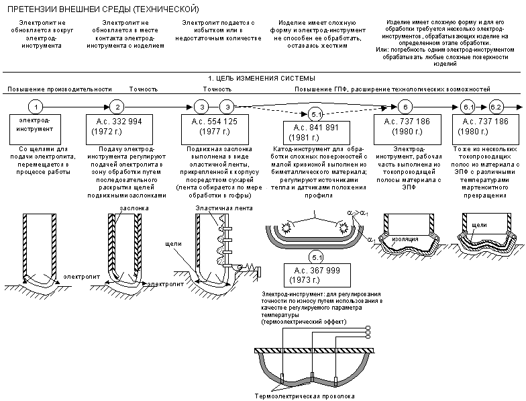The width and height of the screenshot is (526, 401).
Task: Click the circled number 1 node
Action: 36,107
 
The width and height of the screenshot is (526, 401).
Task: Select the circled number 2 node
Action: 117,107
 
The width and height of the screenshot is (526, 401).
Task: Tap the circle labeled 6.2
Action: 495,107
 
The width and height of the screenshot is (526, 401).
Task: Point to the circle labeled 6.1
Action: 467,107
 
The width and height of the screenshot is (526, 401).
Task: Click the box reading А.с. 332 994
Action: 119,129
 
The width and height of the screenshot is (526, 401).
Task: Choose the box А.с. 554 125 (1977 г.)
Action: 215,129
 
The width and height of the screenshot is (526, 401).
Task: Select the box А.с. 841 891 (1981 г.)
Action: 317,133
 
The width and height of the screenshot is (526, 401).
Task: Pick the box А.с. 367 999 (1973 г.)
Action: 317,275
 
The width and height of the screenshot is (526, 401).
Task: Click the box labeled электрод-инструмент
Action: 35,129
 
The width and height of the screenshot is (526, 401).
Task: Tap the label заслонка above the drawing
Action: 134,208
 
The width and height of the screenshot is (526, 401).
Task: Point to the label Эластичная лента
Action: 224,208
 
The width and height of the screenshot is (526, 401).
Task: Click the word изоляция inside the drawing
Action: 405,239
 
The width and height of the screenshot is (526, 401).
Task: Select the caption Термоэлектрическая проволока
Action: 305,396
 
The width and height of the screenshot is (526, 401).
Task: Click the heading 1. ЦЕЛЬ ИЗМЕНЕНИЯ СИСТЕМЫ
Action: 262,79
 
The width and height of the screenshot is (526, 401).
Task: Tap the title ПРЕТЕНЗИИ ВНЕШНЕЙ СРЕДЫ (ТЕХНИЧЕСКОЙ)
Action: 103,9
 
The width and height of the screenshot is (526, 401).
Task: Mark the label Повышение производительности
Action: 60,89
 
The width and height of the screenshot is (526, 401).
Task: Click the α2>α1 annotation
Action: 358,214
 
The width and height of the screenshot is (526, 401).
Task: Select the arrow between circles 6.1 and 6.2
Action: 482,107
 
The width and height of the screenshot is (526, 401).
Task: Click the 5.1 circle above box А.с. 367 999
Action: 317,258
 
